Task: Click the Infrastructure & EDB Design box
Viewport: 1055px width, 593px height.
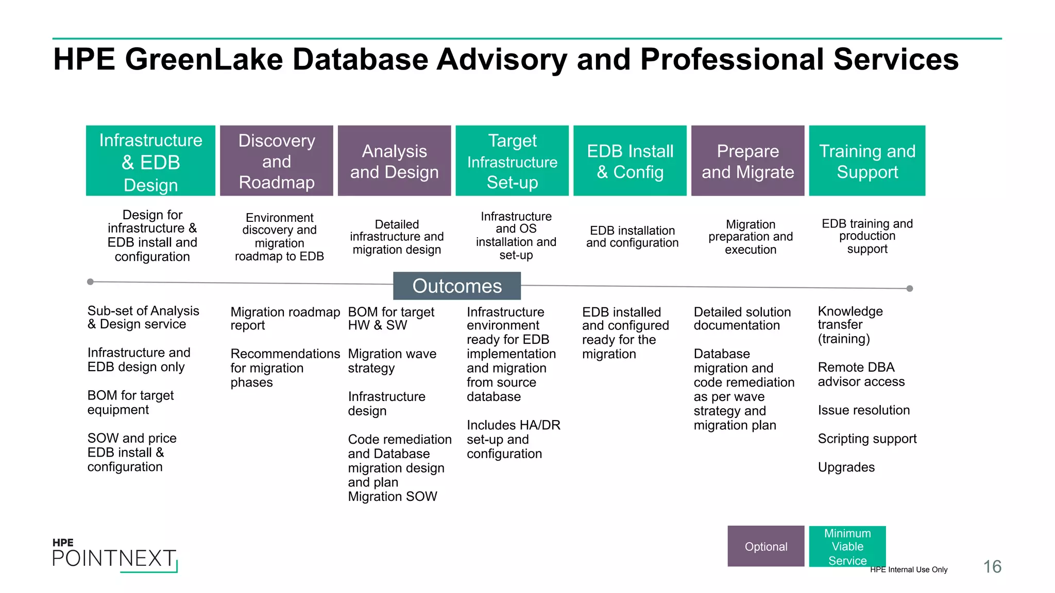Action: tap(150, 161)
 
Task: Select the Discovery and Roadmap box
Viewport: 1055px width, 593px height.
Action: tap(277, 161)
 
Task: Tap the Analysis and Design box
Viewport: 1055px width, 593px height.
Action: tap(394, 161)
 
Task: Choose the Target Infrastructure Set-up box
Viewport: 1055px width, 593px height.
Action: tap(512, 161)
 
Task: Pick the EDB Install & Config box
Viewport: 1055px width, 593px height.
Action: tap(630, 161)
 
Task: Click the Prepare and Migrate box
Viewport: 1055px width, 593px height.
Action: tap(747, 161)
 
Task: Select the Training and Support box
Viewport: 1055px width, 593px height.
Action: tap(867, 161)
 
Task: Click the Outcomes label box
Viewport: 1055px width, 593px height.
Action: tap(457, 286)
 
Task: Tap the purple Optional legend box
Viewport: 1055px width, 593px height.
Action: tap(766, 546)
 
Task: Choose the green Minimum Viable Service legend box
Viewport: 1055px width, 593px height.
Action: tap(847, 546)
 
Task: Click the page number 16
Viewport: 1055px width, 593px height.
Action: tap(992, 567)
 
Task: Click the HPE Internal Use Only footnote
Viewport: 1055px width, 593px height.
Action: tap(909, 569)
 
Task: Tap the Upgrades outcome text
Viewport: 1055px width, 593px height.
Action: tap(846, 467)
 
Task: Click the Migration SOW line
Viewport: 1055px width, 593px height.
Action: tap(393, 497)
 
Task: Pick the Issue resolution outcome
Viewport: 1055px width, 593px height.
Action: tap(864, 410)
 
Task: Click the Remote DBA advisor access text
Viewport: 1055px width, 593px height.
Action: tap(861, 374)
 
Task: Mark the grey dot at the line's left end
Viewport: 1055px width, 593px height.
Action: tap(91, 282)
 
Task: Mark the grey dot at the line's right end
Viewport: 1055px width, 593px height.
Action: tap(910, 289)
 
